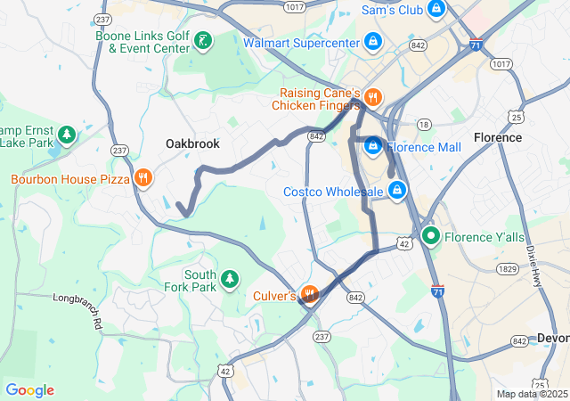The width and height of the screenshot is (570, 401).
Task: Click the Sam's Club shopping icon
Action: [436, 10]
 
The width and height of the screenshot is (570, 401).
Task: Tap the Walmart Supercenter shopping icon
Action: [373, 41]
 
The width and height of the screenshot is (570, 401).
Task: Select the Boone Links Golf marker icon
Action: [204, 41]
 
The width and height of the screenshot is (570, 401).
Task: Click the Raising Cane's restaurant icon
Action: [373, 98]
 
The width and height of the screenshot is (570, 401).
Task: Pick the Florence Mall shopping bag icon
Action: [373, 146]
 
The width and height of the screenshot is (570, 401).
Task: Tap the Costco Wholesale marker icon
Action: [397, 191]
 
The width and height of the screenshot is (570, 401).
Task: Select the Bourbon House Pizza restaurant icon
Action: [142, 178]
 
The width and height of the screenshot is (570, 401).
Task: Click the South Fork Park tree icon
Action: [230, 280]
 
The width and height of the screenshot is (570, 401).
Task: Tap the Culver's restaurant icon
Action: [309, 294]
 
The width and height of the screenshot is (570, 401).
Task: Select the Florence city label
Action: [498, 138]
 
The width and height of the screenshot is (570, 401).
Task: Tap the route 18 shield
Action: [423, 125]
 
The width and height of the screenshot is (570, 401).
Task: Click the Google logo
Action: [29, 390]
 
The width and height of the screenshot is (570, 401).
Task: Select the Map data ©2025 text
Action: [531, 394]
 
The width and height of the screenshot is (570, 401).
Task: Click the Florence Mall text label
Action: [424, 147]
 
